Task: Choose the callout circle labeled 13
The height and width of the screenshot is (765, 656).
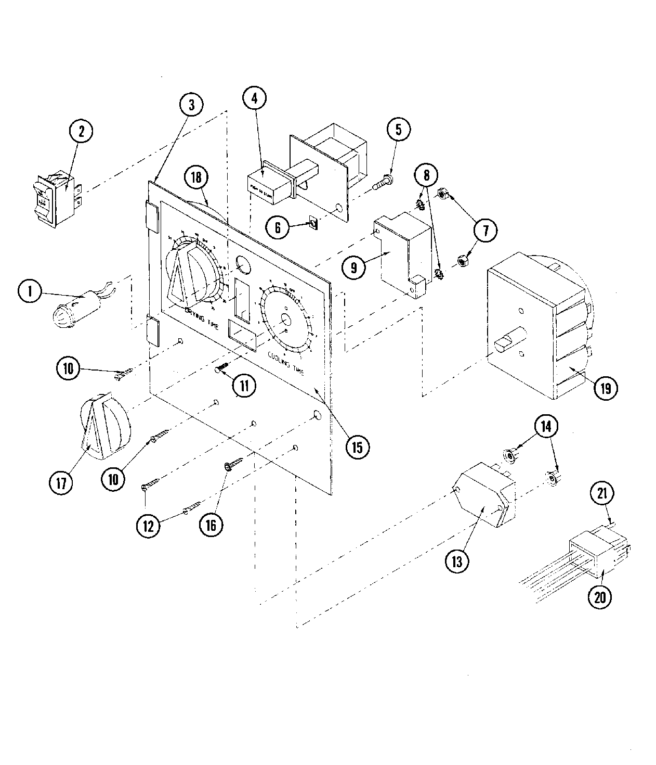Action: [x=457, y=562]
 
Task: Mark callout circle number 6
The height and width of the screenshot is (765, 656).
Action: [x=278, y=227]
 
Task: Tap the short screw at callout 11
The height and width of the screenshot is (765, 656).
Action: [x=221, y=368]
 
